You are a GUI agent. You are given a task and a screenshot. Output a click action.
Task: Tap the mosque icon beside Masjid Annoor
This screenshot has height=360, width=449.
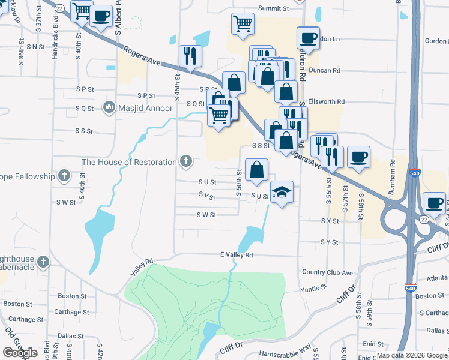point(109,108)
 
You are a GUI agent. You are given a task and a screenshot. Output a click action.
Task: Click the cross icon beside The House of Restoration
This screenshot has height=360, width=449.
point(187,161)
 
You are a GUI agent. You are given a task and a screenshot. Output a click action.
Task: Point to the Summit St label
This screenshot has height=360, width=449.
point(273,8)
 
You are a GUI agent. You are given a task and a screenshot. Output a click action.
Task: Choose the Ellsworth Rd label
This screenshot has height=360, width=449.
point(326,101)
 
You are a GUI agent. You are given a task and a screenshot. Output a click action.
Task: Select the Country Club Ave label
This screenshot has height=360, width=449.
point(327,272)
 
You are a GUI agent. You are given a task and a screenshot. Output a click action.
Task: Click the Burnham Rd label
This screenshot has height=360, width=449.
point(393,171)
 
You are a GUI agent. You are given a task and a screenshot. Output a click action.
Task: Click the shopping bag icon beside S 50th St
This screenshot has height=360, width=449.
point(256,169)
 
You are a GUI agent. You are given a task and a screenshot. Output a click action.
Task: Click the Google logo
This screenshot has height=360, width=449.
point(19,352)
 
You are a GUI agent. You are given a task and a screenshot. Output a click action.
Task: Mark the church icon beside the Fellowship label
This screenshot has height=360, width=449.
point(65,176)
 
